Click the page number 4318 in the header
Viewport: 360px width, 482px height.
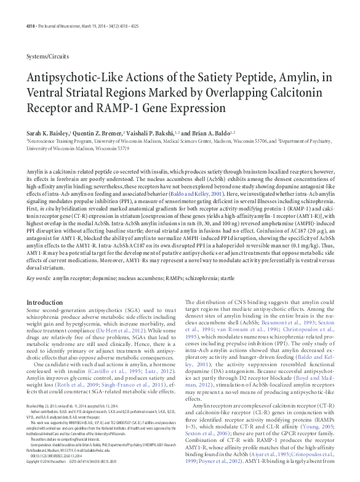pyautogui.click(x=31, y=8)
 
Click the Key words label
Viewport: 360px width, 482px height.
pyautogui.click(x=38, y=278)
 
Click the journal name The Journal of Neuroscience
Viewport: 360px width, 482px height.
pyautogui.click(x=70, y=8)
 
